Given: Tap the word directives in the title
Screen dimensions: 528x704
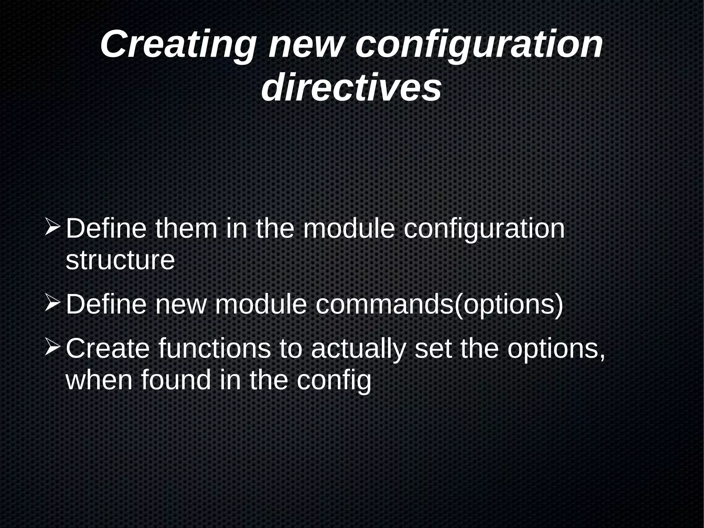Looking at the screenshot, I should click(x=351, y=88).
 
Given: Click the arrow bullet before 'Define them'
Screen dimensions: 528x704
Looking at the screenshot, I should click(x=53, y=228).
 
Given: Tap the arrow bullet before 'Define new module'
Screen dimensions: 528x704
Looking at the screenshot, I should click(x=53, y=303).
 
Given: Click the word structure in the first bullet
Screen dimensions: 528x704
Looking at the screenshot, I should click(x=120, y=260).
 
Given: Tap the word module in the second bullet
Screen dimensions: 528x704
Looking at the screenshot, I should click(x=261, y=304).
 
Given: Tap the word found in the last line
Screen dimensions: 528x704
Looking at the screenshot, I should click(x=176, y=380).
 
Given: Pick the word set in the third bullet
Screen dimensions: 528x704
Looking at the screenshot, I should click(x=433, y=348).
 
